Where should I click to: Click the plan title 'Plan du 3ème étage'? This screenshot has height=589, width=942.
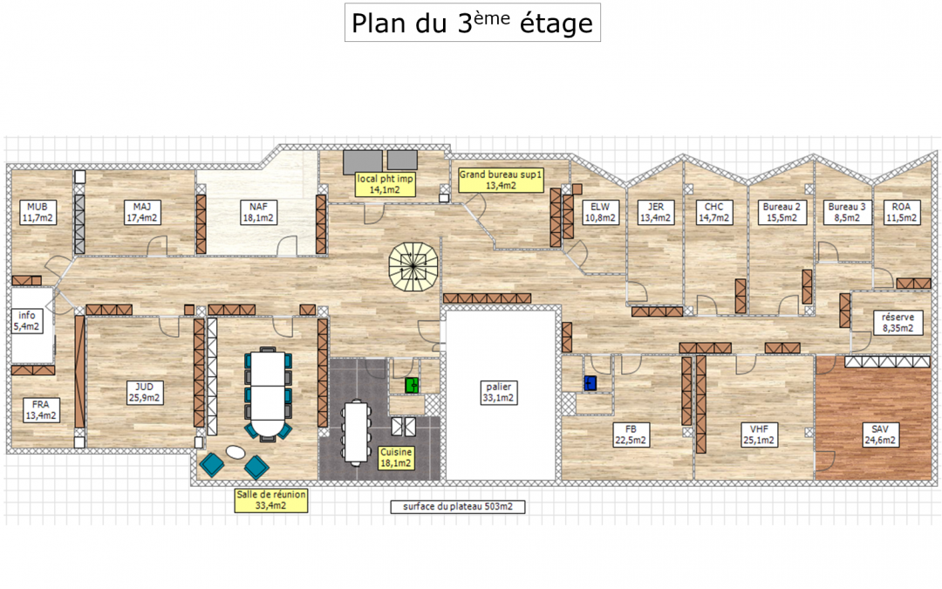coord(472,22)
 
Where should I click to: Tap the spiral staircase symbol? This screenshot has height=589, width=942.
coord(413,266)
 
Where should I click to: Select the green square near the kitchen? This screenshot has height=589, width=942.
coord(412,386)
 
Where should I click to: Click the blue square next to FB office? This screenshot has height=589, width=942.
coord(590,383)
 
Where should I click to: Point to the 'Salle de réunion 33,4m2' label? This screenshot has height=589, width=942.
coord(271,500)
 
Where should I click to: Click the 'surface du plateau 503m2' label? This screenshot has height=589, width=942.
coord(458,507)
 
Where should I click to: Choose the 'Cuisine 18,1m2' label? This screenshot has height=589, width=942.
coord(396,457)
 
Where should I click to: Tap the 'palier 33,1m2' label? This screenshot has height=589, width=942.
coord(499,393)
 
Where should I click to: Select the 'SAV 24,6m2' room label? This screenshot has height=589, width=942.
coord(880,435)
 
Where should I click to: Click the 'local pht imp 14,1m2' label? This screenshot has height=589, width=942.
coord(385,184)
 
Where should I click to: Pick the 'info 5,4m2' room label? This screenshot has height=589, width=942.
coord(26,321)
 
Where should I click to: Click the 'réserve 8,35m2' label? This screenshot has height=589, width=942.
coord(898,323)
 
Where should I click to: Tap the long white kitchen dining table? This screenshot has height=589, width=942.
coord(356,432)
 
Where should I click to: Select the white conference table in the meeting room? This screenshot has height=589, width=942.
coord(268,394)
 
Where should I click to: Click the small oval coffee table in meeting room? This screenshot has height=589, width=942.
coord(235,452)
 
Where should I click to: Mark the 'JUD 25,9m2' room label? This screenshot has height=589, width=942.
coord(144,393)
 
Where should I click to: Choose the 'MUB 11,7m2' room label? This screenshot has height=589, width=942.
coord(38,212)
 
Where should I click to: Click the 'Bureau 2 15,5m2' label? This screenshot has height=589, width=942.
coord(782,212)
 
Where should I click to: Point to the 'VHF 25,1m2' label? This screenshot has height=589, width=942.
coord(760,435)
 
